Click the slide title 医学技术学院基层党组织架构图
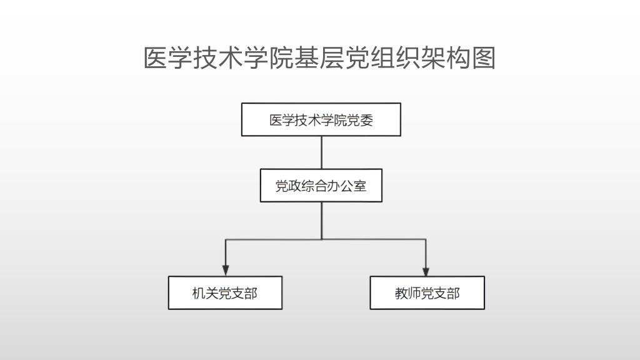[319, 57]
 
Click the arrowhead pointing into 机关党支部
[225, 271]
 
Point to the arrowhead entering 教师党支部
[426, 271]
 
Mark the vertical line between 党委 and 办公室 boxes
[322, 152]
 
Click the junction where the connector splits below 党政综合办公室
[322, 239]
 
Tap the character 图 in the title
[484, 57]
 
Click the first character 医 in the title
[156, 57]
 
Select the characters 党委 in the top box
[360, 120]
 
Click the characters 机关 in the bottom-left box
[205, 293]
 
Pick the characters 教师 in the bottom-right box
[407, 293]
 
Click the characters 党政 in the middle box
[288, 186]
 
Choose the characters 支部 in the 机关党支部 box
[244, 293]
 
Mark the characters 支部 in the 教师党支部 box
[447, 293]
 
